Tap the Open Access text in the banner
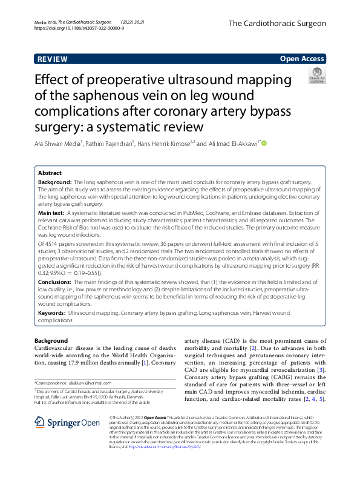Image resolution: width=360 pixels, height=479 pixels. coord(302,59)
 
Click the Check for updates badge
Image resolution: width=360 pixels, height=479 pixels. coord(317,76)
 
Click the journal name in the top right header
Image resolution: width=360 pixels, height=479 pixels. coord(277,24)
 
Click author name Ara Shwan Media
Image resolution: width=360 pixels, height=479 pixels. coord(60,144)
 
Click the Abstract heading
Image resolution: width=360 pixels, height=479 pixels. coord(50,173)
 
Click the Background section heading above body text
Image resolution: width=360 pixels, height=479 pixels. coord(51,341)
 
